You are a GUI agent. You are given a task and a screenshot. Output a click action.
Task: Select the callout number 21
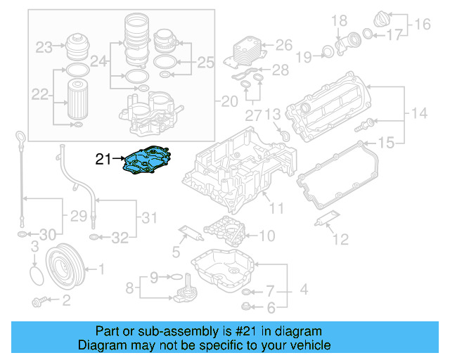(x=103, y=160)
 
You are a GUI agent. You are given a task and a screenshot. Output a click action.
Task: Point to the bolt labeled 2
(x=41, y=302)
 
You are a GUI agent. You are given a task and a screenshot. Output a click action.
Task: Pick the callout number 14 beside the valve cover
(x=419, y=113)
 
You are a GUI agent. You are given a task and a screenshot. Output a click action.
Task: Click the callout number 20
(x=229, y=102)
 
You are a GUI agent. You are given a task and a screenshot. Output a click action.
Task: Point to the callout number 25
(x=205, y=63)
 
